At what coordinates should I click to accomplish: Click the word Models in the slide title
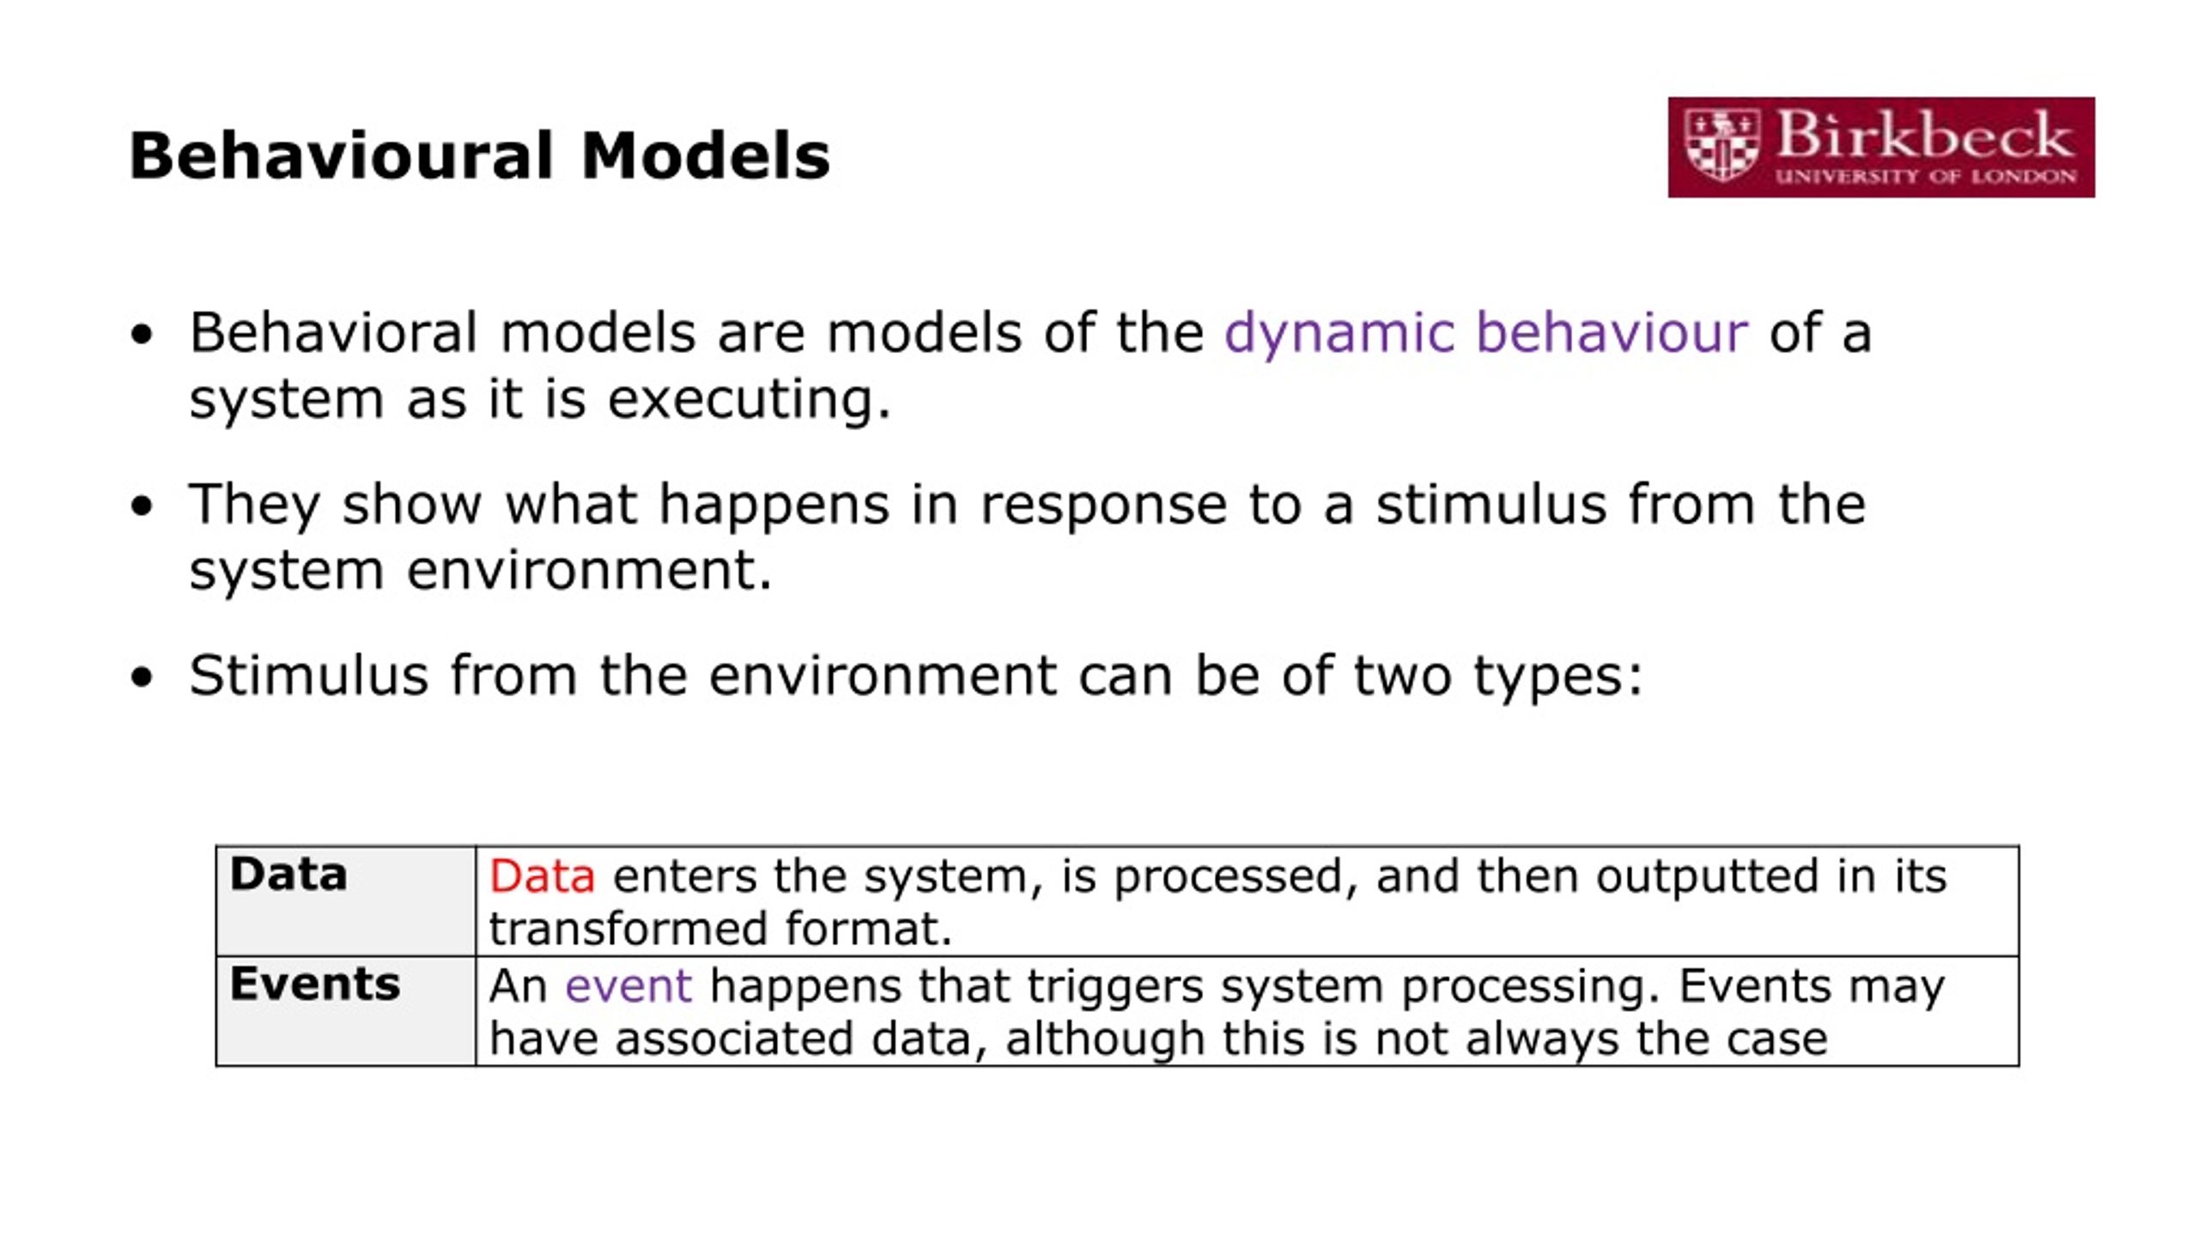(x=705, y=156)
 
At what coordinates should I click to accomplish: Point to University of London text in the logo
(x=1925, y=177)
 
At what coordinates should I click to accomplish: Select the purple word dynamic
(x=1339, y=333)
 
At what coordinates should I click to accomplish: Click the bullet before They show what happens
(x=142, y=506)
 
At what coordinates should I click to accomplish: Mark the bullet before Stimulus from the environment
(x=142, y=677)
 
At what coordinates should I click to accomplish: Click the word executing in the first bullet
(x=749, y=400)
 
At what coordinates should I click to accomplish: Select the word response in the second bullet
(x=1103, y=505)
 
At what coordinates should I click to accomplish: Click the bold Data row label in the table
(x=288, y=875)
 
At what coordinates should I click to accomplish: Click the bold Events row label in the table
(x=314, y=984)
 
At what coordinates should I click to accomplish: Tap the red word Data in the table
(x=542, y=876)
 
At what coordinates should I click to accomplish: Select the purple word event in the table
(x=628, y=985)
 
